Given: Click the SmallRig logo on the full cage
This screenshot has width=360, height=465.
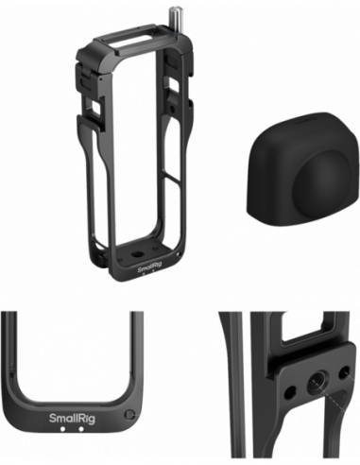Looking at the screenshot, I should pyautogui.click(x=149, y=267).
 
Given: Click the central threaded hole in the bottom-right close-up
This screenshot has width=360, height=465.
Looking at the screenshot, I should pyautogui.click(x=311, y=390).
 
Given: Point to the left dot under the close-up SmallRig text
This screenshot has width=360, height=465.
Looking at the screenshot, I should pyautogui.click(x=61, y=430).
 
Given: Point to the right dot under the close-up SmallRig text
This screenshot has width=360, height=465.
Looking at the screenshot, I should pyautogui.click(x=80, y=430).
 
